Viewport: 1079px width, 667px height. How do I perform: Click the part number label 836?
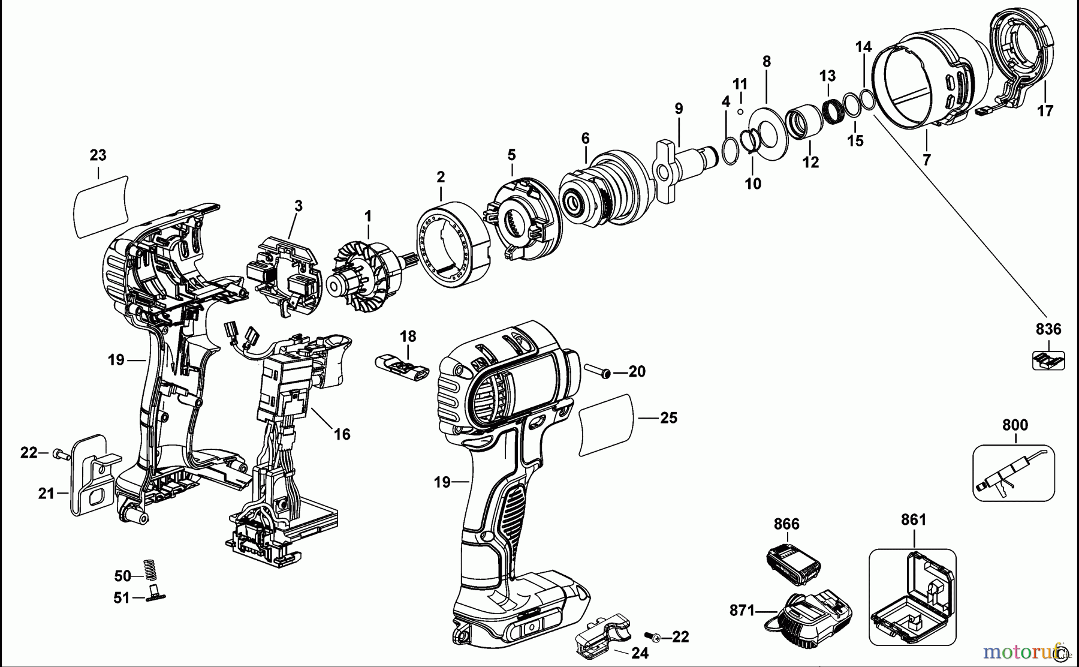point(1048,329)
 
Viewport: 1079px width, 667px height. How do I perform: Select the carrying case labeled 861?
point(912,597)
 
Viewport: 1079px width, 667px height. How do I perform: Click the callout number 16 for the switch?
point(342,434)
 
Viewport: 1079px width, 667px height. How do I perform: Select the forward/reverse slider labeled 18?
point(401,366)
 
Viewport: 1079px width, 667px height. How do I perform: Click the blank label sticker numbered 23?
point(101,206)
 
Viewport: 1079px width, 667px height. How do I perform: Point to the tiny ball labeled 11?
point(740,111)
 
